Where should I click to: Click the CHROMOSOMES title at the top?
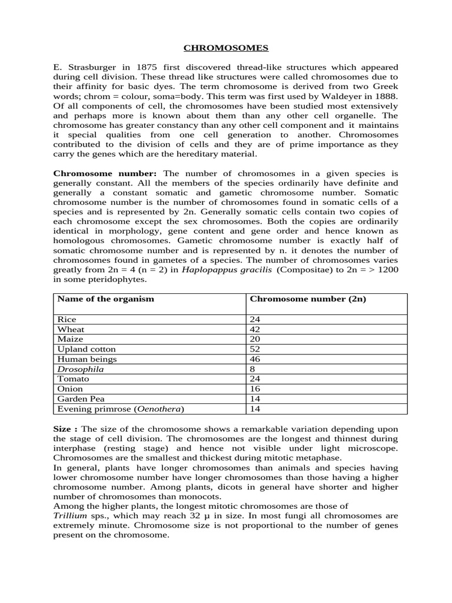point(225,47)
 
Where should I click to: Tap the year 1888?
point(386,96)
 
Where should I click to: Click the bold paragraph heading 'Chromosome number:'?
point(105,174)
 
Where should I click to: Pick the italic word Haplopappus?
point(207,270)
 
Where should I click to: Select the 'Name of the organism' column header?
point(105,299)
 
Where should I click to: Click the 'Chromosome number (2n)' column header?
point(308,299)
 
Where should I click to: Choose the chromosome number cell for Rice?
point(255,319)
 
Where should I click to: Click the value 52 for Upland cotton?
point(255,349)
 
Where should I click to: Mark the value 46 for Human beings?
point(255,359)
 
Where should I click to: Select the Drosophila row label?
point(80,369)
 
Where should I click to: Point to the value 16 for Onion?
point(255,389)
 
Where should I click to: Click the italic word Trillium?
point(69,516)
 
